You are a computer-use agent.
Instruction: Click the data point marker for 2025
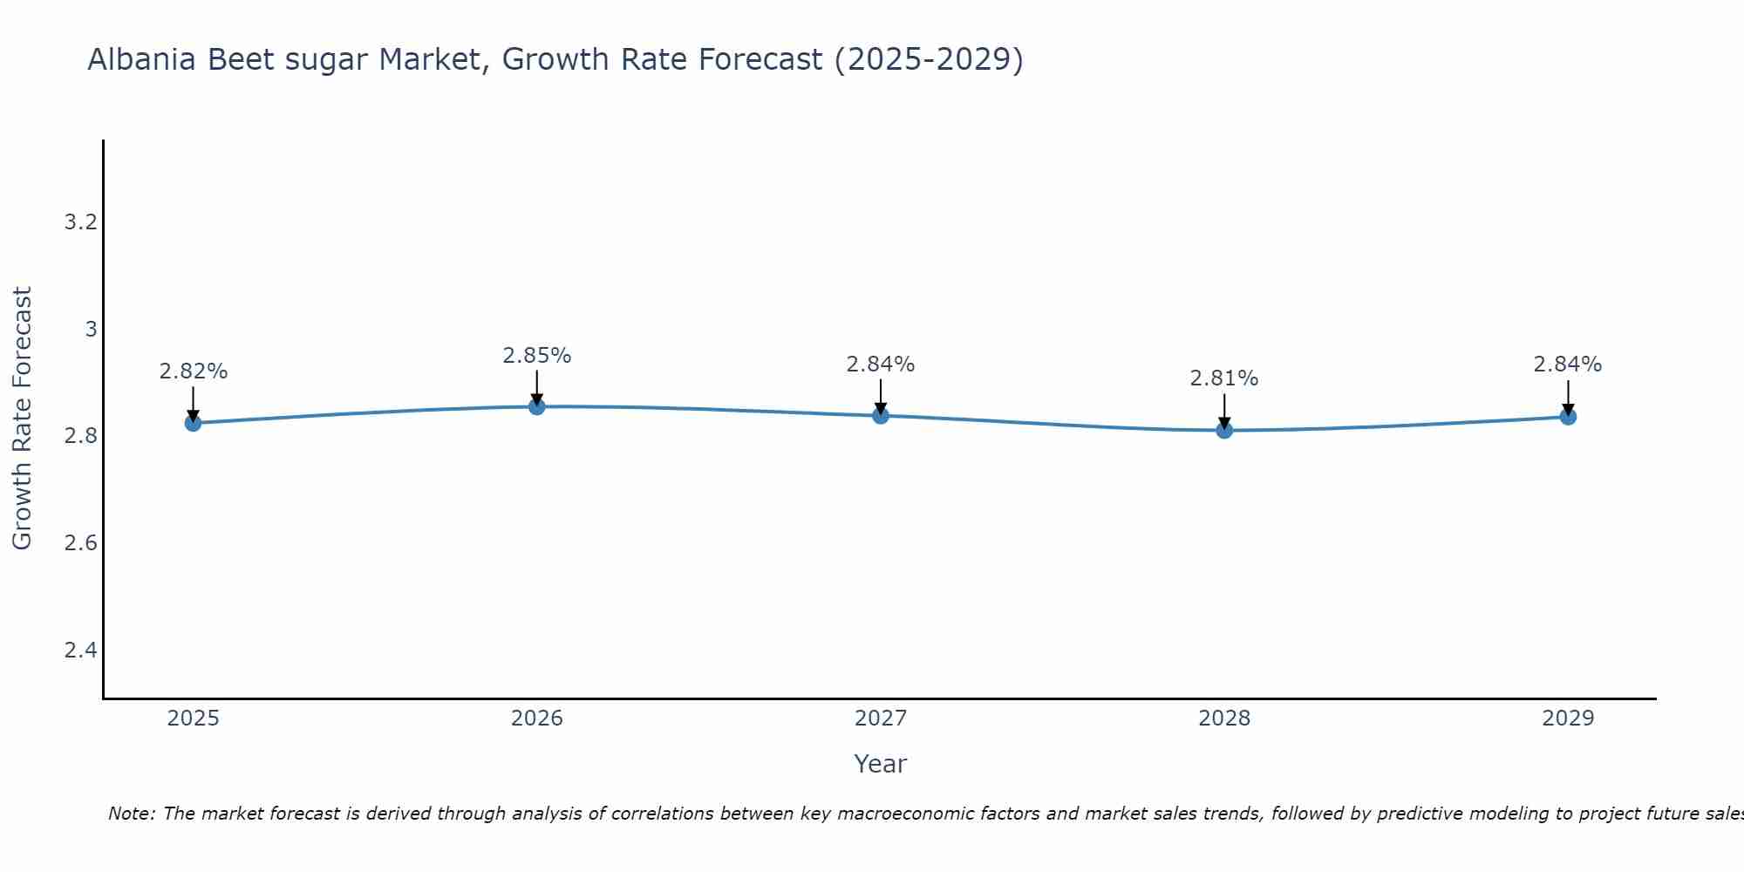[x=193, y=423]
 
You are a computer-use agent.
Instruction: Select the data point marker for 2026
[x=537, y=406]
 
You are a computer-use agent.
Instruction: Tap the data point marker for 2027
[x=881, y=415]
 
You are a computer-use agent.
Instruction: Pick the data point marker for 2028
[x=1224, y=430]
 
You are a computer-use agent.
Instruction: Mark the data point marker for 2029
[x=1568, y=417]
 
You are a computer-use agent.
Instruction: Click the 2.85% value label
[x=537, y=356]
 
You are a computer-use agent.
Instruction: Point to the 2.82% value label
[x=193, y=371]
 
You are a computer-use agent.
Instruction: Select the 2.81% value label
[x=1224, y=378]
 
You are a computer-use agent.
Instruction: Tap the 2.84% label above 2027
[x=881, y=364]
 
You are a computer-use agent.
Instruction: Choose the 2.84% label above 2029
[x=1568, y=364]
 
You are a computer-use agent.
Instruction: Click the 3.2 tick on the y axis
[x=80, y=222]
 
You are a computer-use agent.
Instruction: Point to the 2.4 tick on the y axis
[x=80, y=651]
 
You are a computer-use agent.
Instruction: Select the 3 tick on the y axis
[x=90, y=330]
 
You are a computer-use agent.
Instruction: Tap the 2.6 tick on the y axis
[x=80, y=543]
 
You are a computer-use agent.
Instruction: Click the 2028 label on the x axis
[x=1224, y=719]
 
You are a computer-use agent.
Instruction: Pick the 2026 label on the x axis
[x=537, y=719]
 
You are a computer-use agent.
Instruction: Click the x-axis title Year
[x=881, y=764]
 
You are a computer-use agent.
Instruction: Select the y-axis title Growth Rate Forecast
[x=22, y=419]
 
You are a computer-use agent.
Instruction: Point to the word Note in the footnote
[x=131, y=814]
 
